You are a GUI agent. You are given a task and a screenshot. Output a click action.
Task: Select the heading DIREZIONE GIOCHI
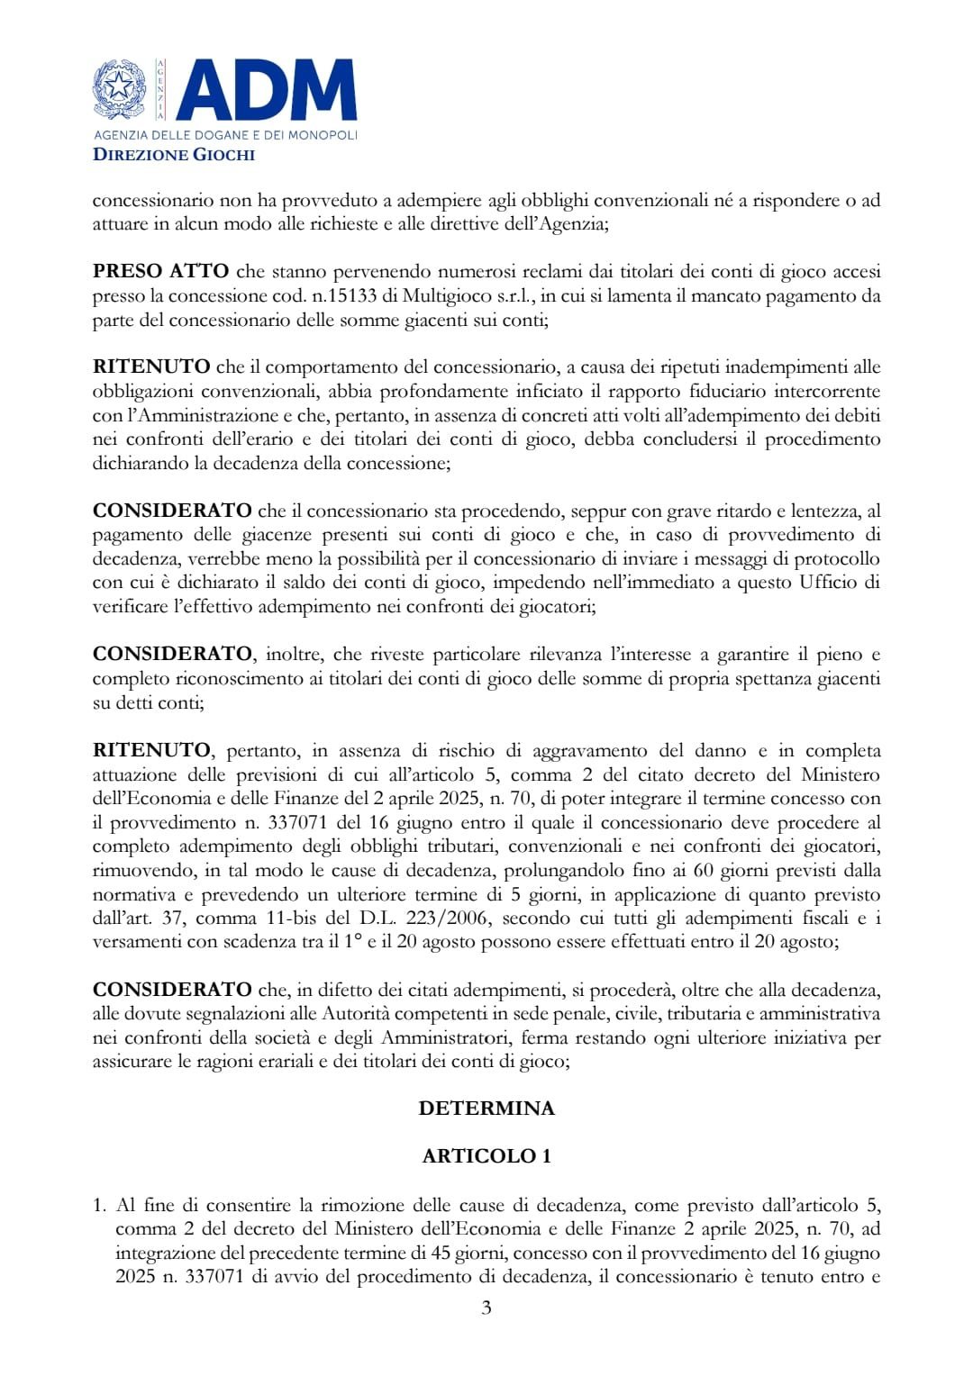pos(174,155)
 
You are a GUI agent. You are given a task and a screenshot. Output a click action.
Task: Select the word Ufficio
pos(831,583)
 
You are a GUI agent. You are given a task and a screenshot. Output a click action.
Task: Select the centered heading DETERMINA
pos(486,1109)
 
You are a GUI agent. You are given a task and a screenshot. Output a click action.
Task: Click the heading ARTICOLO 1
pos(486,1156)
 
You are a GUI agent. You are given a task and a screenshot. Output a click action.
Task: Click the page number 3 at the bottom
pos(486,1308)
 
